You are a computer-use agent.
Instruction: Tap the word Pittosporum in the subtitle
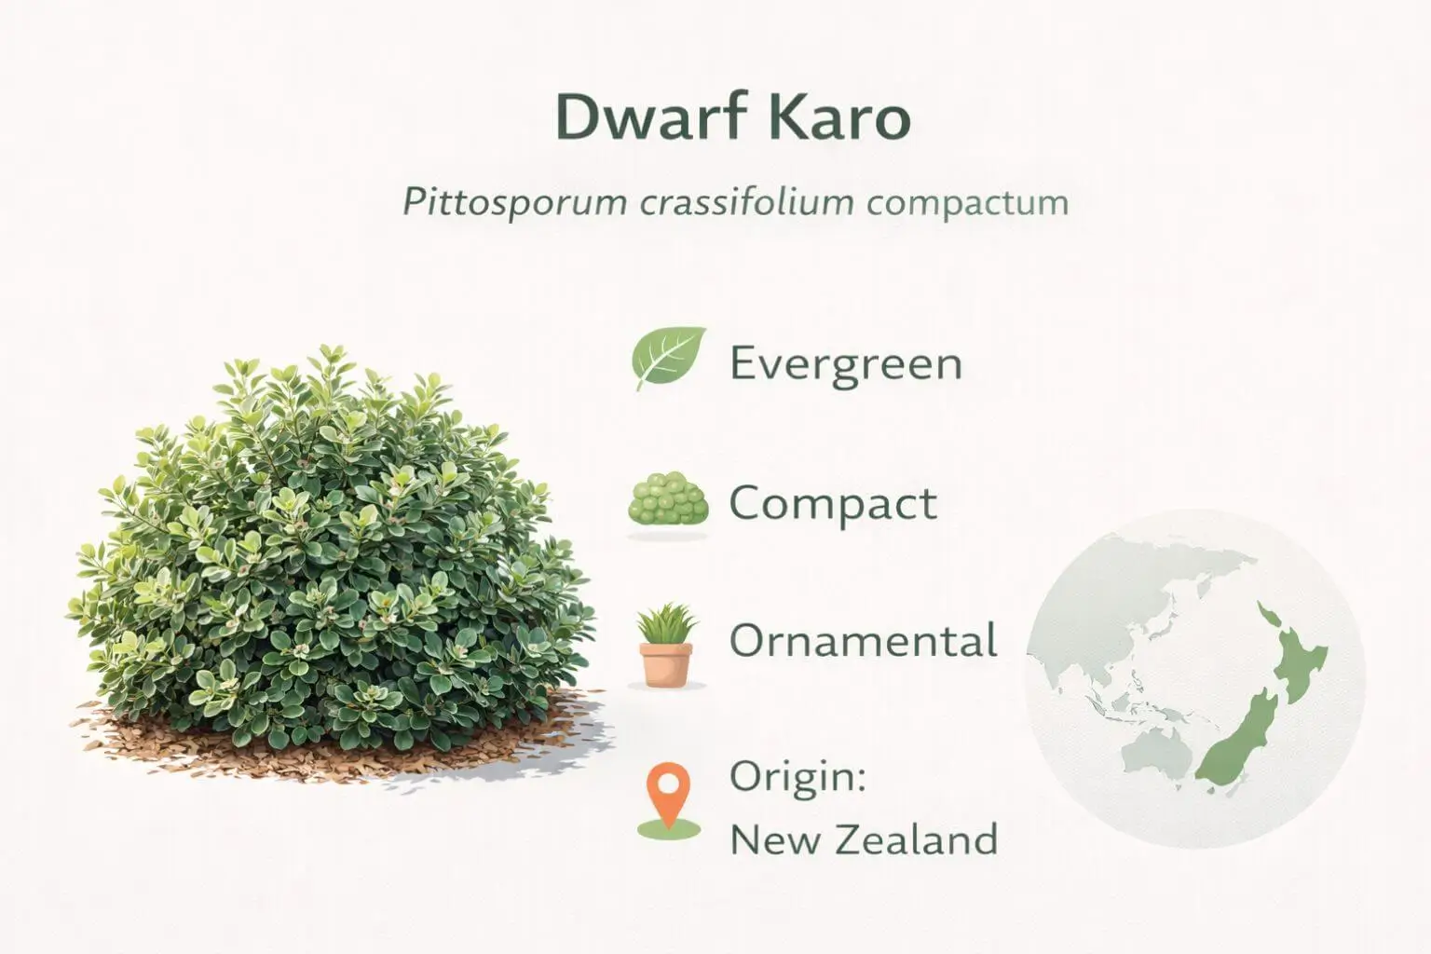pyautogui.click(x=513, y=203)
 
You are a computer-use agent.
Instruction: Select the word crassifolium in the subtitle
pyautogui.click(x=746, y=203)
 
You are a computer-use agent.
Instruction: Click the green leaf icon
pyautogui.click(x=668, y=359)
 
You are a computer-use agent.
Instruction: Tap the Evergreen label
pyautogui.click(x=845, y=362)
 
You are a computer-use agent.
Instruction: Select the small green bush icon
pyautogui.click(x=668, y=503)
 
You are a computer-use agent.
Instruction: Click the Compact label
pyautogui.click(x=832, y=504)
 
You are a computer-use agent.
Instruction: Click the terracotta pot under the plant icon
pyautogui.click(x=666, y=664)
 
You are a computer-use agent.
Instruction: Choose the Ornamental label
pyautogui.click(x=863, y=641)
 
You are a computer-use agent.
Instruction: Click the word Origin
pyautogui.click(x=797, y=778)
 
